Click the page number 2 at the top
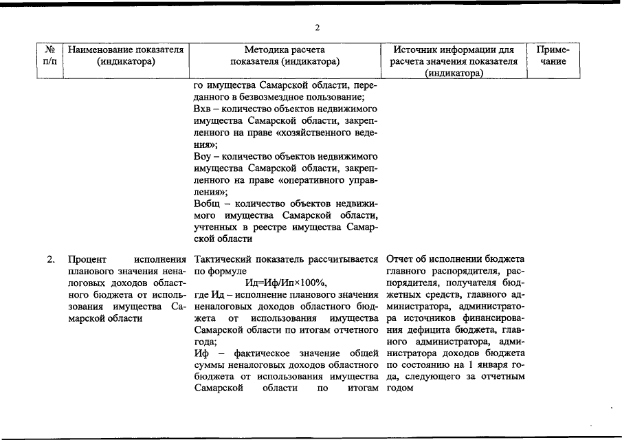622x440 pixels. coord(317,27)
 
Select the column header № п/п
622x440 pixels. coord(49,56)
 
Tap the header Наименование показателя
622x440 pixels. coord(126,49)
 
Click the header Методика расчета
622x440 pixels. coord(285,49)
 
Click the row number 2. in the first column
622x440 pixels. coord(51,259)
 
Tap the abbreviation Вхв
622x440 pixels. coord(202,110)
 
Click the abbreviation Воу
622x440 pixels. coord(202,157)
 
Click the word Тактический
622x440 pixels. coord(224,259)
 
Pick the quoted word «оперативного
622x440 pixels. coord(313,180)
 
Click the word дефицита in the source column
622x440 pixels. coord(411,329)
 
